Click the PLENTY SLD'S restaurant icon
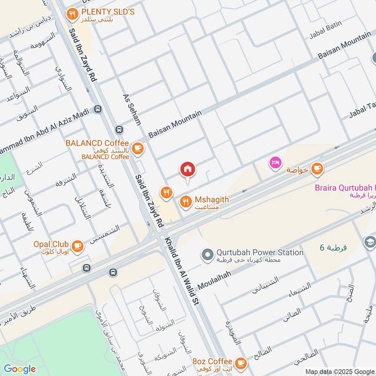[72, 14]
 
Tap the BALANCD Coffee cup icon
[137, 149]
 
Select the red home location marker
[188, 169]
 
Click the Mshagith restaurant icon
[186, 202]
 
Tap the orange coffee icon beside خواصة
[318, 168]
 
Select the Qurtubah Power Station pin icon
[207, 255]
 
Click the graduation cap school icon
[370, 242]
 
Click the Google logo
[20, 369]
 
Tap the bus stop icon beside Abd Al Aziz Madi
[98, 110]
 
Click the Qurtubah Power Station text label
[259, 252]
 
